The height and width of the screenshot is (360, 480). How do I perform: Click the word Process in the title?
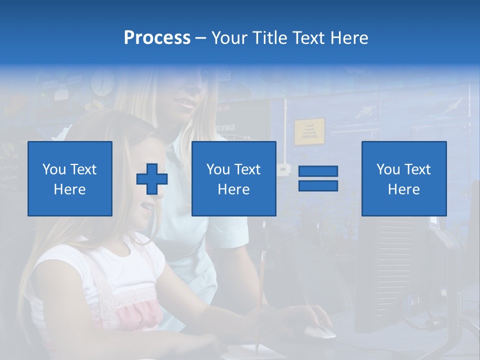click(x=157, y=38)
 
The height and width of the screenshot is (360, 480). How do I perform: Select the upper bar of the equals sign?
click(x=318, y=171)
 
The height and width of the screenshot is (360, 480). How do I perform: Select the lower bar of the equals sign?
click(x=318, y=185)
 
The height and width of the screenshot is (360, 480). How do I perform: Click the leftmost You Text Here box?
click(x=70, y=178)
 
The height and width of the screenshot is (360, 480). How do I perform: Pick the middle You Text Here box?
click(x=233, y=178)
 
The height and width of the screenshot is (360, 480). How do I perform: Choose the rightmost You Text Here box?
click(x=404, y=178)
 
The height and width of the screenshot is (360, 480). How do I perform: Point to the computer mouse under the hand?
click(x=320, y=331)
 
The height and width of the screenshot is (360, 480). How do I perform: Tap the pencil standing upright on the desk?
click(x=260, y=300)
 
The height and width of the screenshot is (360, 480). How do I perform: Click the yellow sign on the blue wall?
click(x=309, y=131)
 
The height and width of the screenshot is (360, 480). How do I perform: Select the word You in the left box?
click(x=54, y=169)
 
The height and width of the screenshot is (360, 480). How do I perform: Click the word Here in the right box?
click(x=404, y=189)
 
